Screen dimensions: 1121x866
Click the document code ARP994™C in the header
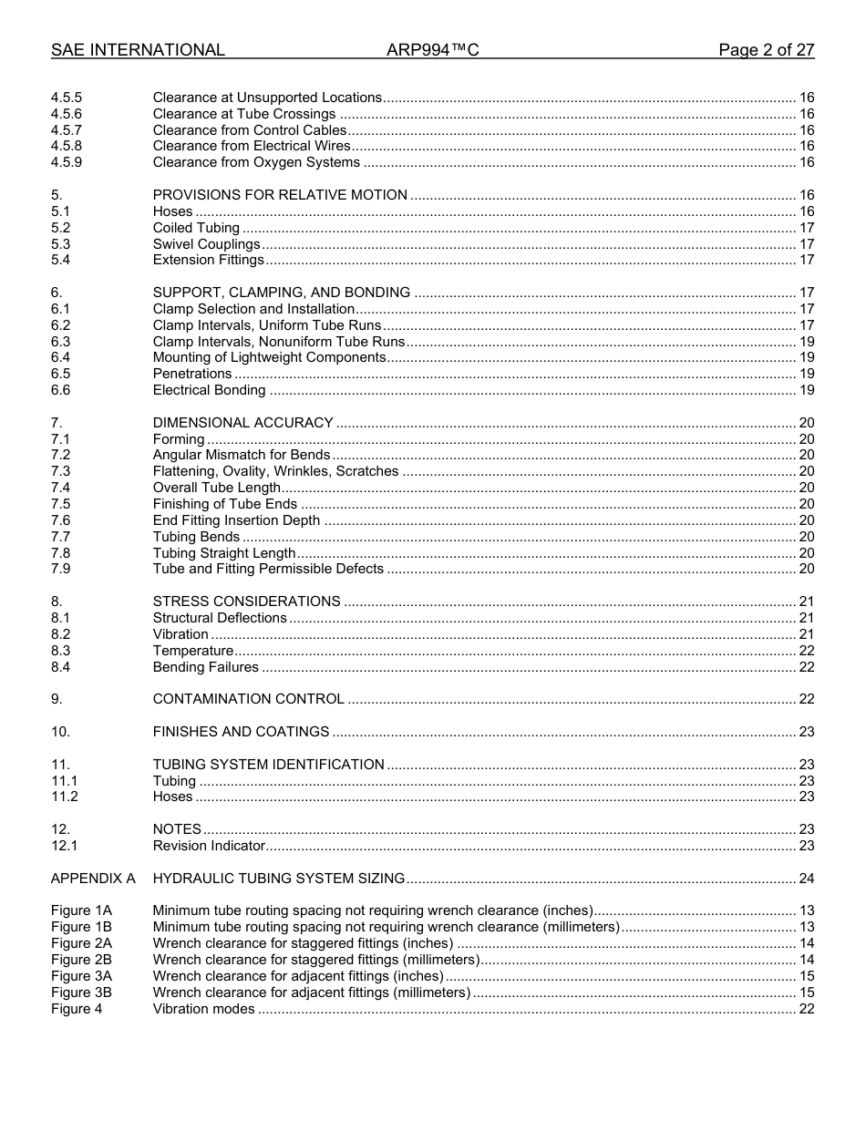432,50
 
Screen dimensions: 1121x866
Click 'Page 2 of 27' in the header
766,50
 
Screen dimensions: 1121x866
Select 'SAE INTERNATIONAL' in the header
138,50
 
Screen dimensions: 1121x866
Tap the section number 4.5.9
67,162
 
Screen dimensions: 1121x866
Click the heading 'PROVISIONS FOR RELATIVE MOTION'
280,195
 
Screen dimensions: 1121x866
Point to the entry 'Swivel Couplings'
206,244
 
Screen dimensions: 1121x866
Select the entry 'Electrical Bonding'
209,390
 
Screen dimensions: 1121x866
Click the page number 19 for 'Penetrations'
806,374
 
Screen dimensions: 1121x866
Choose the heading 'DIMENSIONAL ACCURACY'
242,423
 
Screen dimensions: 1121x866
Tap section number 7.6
60,520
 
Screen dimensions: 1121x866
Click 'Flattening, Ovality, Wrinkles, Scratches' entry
275,471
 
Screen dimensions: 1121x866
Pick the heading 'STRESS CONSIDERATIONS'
246,602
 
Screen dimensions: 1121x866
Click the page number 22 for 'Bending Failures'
806,667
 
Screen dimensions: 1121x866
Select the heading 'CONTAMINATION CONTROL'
248,699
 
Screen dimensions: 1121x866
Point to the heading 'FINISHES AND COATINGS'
241,732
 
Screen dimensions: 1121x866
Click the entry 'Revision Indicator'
209,846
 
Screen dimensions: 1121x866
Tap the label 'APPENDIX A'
93,879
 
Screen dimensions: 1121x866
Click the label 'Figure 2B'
81,960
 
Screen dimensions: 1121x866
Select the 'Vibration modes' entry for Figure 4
203,1009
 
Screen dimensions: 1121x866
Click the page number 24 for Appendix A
806,879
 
